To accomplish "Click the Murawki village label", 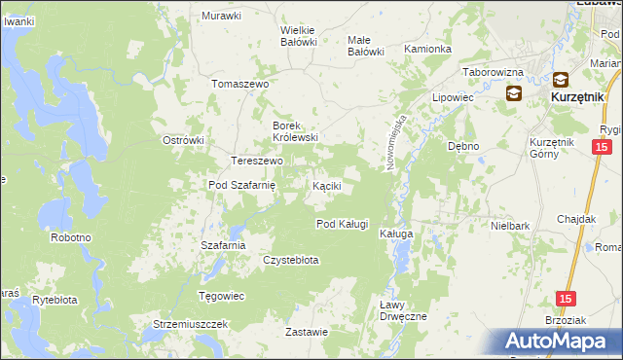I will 221,16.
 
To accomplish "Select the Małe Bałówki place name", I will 366,46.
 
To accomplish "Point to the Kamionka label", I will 427,49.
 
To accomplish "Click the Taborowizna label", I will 493,72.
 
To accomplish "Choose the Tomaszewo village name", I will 239,84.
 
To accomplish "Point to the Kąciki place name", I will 325,185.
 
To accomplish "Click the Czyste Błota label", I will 291,260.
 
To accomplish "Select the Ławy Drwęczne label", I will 403,310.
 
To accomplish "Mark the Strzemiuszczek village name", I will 190,323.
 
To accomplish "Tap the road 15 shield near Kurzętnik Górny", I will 602,147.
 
